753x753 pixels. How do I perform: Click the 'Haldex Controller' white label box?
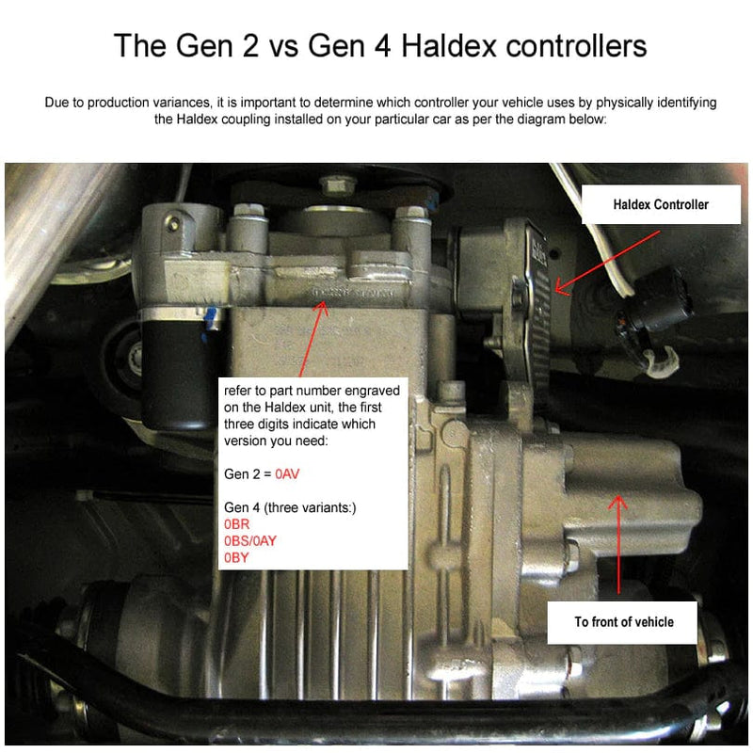660,204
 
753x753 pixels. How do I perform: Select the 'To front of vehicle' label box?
624,621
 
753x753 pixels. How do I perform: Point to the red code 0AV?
287,475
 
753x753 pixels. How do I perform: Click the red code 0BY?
237,558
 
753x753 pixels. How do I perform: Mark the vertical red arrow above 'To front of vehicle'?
618,546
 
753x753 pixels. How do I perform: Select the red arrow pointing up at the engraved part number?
311,339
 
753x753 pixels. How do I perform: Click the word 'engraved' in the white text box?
372,390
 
